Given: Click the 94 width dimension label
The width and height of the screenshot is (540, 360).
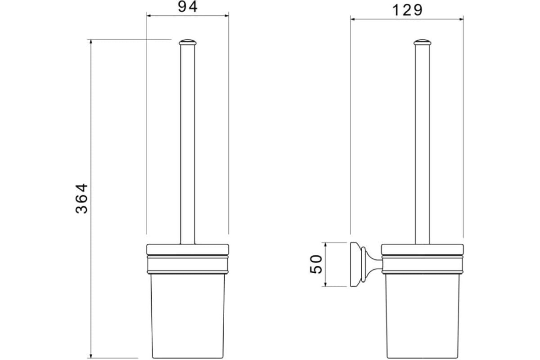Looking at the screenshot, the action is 188,7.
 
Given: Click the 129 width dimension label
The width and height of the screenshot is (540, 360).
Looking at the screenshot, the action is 407,10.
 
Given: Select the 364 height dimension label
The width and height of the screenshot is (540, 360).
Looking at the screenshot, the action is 81,198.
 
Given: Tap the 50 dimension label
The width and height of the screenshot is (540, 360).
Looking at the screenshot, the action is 316,264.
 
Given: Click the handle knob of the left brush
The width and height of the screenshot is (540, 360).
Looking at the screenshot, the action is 188,42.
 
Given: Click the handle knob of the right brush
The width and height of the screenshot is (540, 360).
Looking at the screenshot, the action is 423,42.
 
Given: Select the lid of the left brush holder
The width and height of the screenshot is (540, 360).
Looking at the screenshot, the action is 188,249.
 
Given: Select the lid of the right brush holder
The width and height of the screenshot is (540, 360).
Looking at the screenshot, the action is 423,249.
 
